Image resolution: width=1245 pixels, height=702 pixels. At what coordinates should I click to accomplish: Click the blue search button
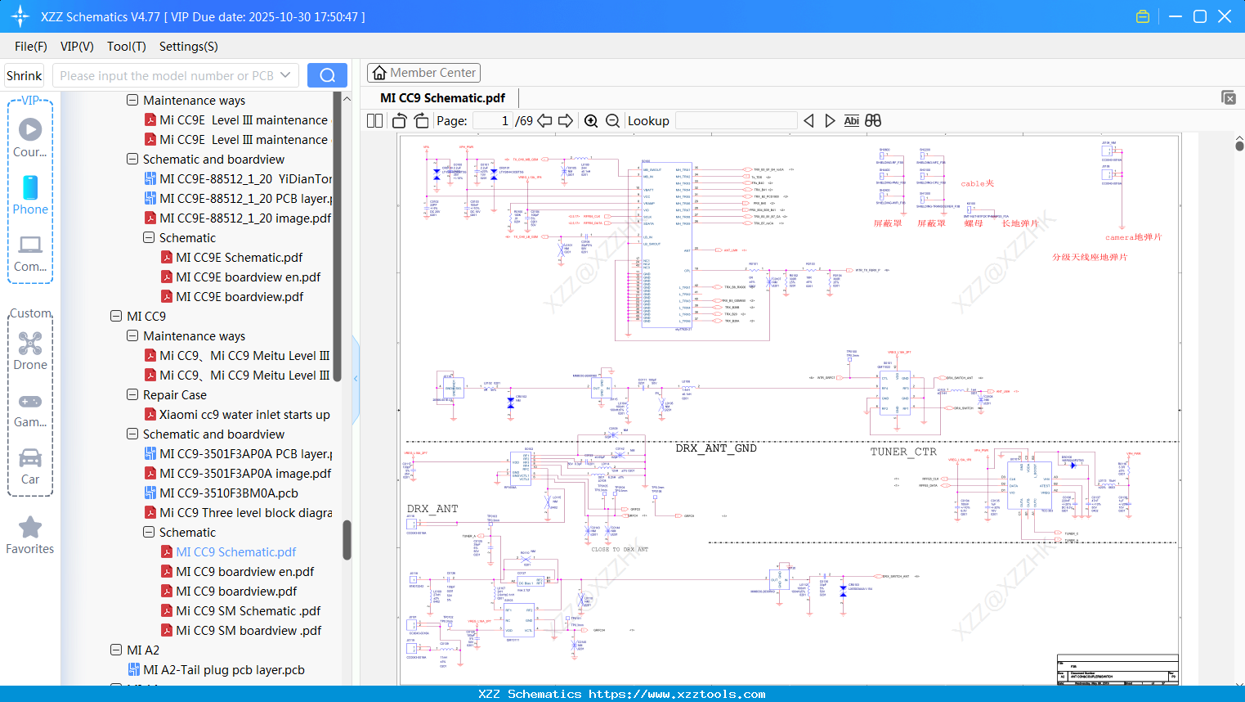(x=327, y=75)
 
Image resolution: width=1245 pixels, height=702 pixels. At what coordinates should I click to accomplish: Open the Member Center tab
(x=423, y=73)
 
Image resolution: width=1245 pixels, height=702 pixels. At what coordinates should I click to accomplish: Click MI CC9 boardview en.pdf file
(x=244, y=572)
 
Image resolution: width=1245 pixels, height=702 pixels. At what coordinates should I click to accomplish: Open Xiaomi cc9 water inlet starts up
(x=244, y=415)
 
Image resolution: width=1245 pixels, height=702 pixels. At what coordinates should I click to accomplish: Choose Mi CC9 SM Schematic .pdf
(x=249, y=611)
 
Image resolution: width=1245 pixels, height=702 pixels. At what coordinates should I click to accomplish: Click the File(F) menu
(x=31, y=47)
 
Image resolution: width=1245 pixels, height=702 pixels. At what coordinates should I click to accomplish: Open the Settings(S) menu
(x=188, y=47)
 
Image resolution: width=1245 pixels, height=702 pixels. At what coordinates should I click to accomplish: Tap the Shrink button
(x=25, y=76)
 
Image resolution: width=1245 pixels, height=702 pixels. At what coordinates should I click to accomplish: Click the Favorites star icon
(x=30, y=528)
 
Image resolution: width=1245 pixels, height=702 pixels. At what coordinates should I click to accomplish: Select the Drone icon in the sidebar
(x=30, y=344)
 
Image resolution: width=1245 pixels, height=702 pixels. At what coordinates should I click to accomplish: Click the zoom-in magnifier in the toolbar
(x=591, y=121)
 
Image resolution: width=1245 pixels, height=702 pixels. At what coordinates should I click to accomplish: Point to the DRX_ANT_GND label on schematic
(x=716, y=448)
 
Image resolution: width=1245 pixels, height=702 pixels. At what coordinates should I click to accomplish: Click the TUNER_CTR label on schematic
(x=903, y=452)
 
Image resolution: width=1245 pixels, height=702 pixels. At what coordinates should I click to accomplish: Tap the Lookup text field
(x=736, y=121)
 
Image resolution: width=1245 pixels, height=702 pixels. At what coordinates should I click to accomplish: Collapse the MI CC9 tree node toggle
(x=116, y=316)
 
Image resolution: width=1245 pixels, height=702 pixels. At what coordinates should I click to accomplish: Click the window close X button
(x=1225, y=16)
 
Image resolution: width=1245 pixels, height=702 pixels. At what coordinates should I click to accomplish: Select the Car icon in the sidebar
(x=30, y=458)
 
